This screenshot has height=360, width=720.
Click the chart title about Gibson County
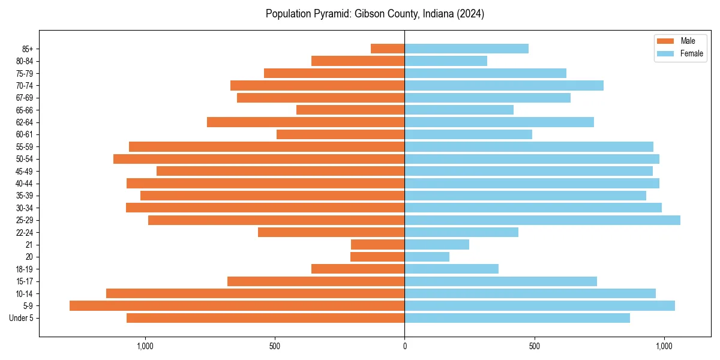[x=375, y=14]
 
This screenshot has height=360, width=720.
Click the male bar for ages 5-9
[x=237, y=305]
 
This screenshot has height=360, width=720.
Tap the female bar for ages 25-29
[x=542, y=220]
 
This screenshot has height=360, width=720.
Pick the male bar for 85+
[x=388, y=49]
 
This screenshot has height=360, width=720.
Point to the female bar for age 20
[x=427, y=257]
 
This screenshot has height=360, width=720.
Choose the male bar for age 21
[x=378, y=244]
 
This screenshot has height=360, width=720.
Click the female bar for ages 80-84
[x=446, y=61]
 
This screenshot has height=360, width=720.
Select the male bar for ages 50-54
[x=259, y=159]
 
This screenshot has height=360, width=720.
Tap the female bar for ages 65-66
[x=459, y=110]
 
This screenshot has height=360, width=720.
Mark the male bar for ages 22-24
[x=331, y=232]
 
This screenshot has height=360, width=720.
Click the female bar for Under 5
[x=517, y=318]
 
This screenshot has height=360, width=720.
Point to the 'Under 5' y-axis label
[x=21, y=318]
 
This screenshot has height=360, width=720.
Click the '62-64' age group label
[x=24, y=122]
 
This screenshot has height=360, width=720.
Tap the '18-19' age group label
[x=24, y=269]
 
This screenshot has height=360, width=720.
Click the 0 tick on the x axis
[x=404, y=346]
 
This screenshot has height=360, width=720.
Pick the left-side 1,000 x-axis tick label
[x=145, y=346]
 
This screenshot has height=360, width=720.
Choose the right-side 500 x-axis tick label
[x=534, y=346]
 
